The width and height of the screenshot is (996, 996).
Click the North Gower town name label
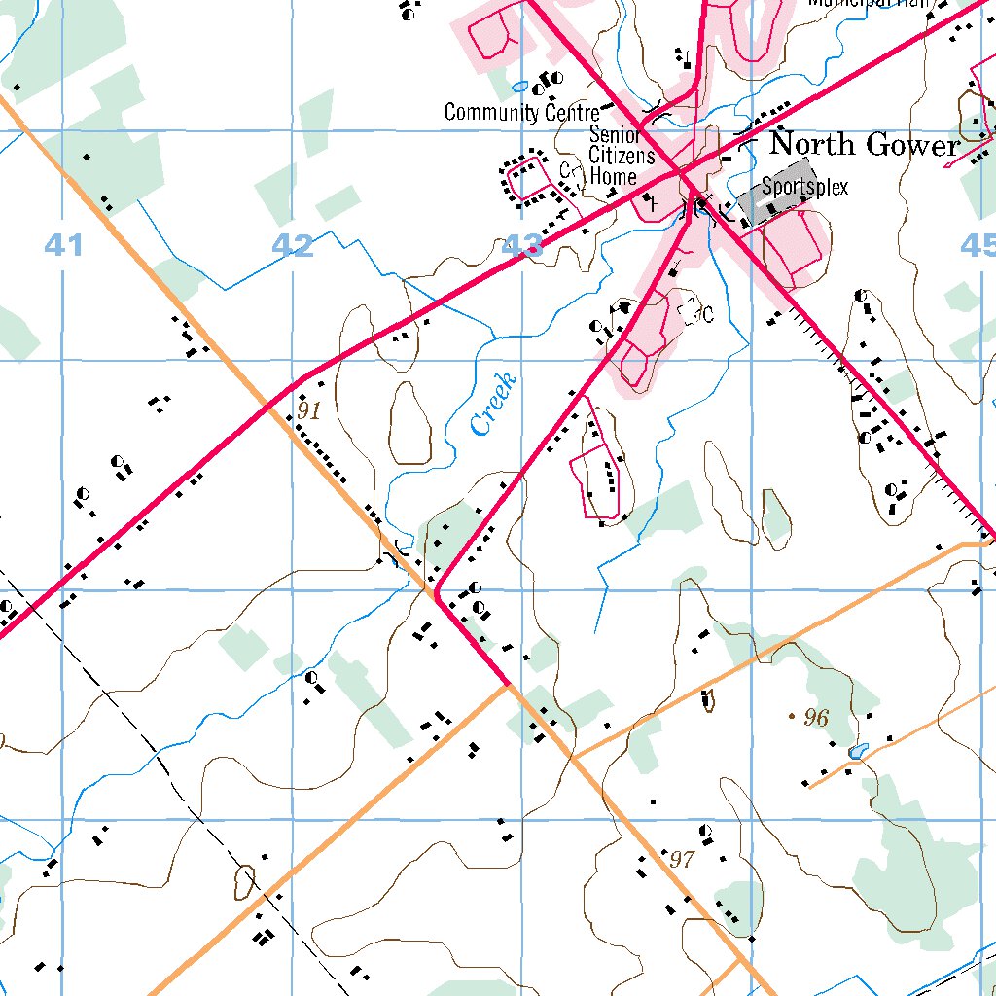864,145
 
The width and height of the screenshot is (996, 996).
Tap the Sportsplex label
804,186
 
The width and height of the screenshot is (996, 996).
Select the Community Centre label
521,112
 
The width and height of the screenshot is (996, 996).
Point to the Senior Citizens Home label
614,156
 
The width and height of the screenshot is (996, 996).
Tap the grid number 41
63,246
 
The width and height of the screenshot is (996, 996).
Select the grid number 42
293,246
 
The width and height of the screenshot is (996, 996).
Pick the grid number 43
521,246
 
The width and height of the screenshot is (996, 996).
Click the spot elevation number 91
308,410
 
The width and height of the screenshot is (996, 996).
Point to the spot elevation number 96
816,718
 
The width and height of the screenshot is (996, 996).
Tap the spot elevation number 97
683,860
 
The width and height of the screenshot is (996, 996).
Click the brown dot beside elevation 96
791,716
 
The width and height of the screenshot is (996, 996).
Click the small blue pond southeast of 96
857,751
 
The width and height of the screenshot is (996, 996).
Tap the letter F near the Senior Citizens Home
654,203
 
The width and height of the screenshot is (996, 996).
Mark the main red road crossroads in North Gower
683,176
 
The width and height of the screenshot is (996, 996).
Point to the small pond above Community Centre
520,85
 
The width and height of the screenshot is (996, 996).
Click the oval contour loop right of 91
410,423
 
